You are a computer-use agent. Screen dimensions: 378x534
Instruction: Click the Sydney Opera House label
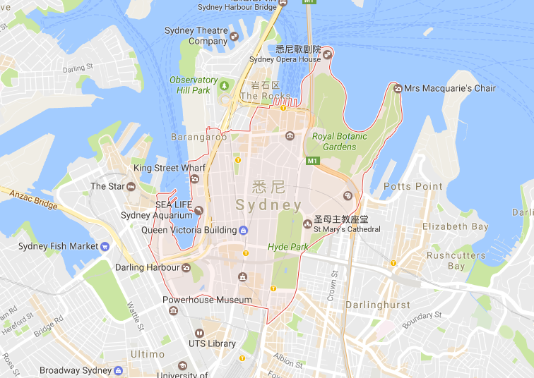point(285,59)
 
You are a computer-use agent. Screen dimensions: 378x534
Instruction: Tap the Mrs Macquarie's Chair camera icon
point(397,88)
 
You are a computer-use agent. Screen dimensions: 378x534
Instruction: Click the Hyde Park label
point(287,247)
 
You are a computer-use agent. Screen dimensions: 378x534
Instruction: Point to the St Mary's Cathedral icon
point(307,224)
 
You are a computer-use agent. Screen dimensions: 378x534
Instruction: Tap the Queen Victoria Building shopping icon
point(244,230)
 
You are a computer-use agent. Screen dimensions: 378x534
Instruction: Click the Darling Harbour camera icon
point(186,267)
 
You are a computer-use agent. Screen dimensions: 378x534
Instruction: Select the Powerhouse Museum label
point(207,300)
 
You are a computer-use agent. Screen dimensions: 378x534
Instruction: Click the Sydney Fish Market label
point(58,246)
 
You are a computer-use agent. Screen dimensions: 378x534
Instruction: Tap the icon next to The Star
point(131,186)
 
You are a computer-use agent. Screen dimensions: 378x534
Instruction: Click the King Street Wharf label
point(170,168)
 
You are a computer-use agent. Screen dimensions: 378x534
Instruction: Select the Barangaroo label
point(194,137)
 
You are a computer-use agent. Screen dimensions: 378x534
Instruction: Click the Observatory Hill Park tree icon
point(225,85)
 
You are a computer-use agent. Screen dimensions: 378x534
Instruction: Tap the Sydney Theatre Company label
point(196,36)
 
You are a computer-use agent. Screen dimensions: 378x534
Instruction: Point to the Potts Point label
point(413,186)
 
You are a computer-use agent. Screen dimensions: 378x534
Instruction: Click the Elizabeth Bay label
point(455,226)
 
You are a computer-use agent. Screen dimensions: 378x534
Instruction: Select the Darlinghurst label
point(378,305)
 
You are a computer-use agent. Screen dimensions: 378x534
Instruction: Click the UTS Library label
point(212,343)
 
